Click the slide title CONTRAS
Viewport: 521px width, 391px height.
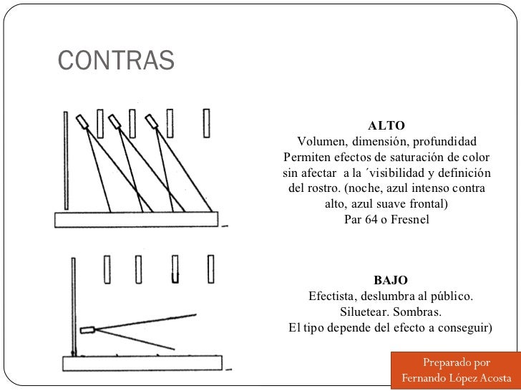(115, 61)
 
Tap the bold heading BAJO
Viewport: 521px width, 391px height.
(390, 280)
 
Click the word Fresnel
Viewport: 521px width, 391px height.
(409, 220)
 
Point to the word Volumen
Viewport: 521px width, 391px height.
(322, 141)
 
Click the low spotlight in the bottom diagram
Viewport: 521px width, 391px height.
(88, 330)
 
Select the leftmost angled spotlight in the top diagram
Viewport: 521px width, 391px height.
(84, 122)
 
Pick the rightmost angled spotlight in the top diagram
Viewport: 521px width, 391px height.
(154, 122)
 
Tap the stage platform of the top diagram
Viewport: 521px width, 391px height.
(139, 221)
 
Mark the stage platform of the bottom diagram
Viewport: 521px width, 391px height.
(139, 363)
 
